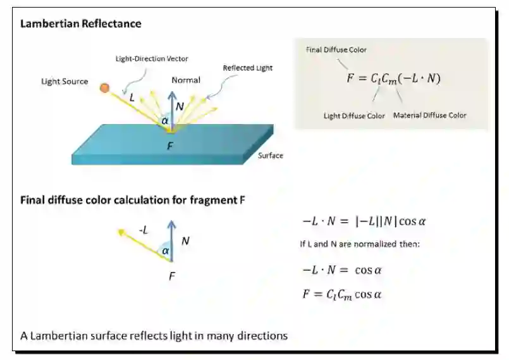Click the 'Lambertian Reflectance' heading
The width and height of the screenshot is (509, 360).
(x=81, y=24)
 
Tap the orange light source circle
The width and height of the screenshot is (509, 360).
(x=104, y=87)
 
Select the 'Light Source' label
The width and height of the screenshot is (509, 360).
(x=64, y=82)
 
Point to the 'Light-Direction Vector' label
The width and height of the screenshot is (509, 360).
(x=152, y=59)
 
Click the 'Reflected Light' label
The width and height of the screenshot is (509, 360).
(x=247, y=68)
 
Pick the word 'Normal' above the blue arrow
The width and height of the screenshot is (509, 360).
(x=186, y=80)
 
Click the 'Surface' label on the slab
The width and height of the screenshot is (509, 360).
(x=271, y=155)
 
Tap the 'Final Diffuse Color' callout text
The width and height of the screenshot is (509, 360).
(x=336, y=49)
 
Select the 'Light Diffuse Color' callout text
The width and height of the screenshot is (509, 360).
(x=354, y=116)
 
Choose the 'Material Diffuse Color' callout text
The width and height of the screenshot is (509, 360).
(x=430, y=115)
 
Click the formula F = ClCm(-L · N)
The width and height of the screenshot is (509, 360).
(x=393, y=78)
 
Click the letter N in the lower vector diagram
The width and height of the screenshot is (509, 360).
(x=185, y=240)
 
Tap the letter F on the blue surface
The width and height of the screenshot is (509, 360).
(x=170, y=146)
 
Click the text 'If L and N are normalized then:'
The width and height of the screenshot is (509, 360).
(x=359, y=244)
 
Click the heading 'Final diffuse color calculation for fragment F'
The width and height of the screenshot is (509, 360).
(x=133, y=201)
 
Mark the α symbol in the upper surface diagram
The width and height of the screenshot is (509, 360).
(x=165, y=120)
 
